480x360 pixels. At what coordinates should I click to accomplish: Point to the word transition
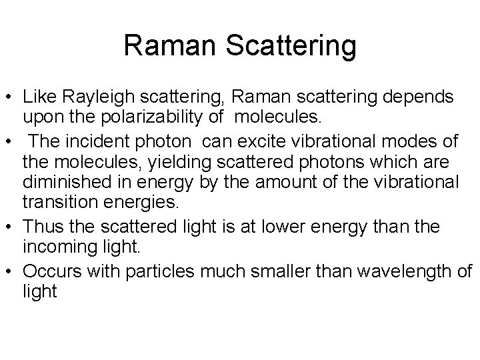(x=55, y=203)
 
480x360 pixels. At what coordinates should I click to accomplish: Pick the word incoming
(x=55, y=248)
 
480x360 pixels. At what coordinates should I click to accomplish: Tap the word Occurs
(x=46, y=271)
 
